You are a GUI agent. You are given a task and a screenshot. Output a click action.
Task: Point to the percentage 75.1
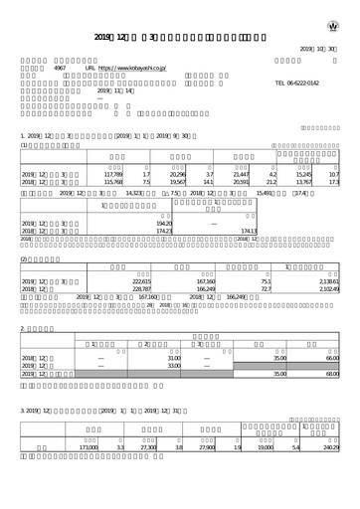tap(266, 281)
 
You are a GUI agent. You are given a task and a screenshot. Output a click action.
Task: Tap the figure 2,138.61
tap(329, 281)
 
